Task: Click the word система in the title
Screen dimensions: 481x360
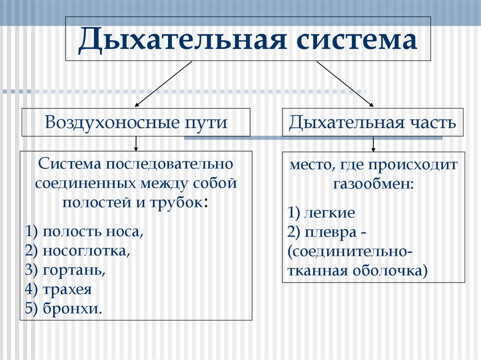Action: pyautogui.click(x=357, y=39)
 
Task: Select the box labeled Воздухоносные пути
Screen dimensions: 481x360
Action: pyautogui.click(x=136, y=123)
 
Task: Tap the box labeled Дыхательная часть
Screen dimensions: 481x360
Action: pyautogui.click(x=372, y=123)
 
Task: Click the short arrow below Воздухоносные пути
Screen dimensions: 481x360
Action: pyautogui.click(x=136, y=144)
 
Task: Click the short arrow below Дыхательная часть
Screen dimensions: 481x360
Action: pyautogui.click(x=373, y=144)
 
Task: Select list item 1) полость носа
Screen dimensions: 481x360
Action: pyautogui.click(x=85, y=231)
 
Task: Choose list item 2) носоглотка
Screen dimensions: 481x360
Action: pyautogui.click(x=78, y=251)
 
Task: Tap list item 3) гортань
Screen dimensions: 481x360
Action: pyautogui.click(x=66, y=270)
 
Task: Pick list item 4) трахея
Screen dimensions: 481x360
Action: pyautogui.click(x=59, y=289)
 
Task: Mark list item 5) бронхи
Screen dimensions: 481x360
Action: pyautogui.click(x=64, y=309)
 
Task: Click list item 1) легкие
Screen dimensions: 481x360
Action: pyautogui.click(x=322, y=213)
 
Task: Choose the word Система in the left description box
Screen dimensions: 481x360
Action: pyautogui.click(x=70, y=164)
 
